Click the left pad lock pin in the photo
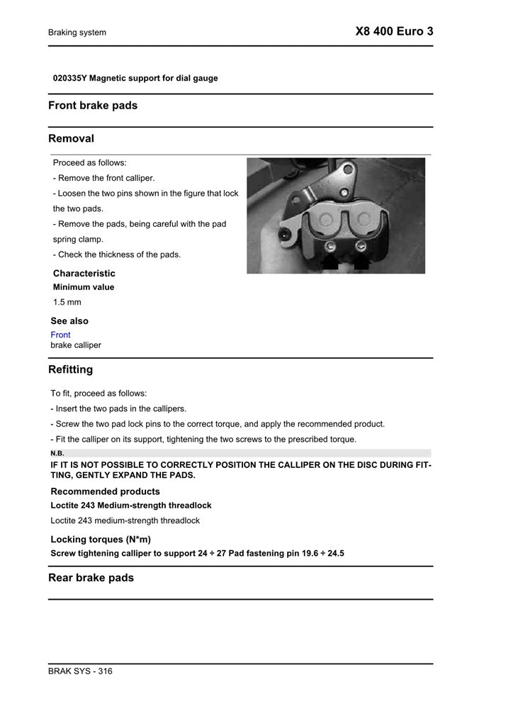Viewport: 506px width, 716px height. [331, 246]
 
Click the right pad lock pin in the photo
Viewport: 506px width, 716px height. [361, 246]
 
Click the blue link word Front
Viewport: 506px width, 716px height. [61, 335]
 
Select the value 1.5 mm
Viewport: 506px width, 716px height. [67, 302]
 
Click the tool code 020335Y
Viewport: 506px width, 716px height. [69, 78]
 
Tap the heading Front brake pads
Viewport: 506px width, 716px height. [93, 106]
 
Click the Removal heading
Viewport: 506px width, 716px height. [71, 138]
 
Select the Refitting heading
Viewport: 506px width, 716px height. [70, 369]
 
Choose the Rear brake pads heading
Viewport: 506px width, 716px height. [91, 578]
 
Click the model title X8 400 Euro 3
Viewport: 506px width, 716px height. [394, 32]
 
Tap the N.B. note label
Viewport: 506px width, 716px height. [57, 453]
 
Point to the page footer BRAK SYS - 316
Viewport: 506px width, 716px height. [80, 671]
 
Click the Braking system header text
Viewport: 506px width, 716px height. [77, 33]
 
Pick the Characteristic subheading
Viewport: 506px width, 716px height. [84, 273]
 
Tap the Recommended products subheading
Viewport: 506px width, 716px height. [105, 491]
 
